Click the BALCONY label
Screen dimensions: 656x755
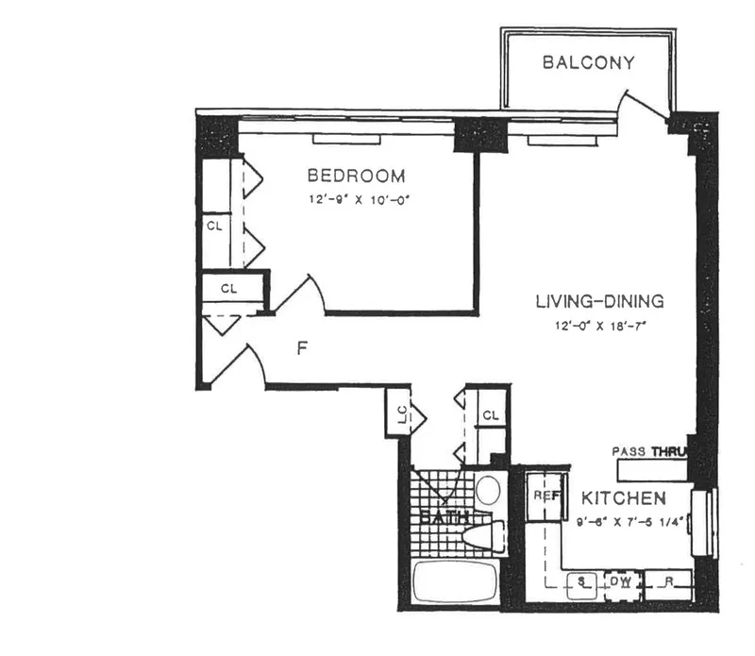[588, 63]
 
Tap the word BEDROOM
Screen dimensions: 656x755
[357, 177]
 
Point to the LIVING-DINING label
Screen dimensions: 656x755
[599, 302]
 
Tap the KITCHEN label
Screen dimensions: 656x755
[624, 497]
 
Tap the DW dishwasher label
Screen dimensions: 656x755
[620, 582]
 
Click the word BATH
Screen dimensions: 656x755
[442, 517]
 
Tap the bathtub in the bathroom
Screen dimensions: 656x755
[455, 582]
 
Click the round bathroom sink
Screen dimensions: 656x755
[488, 491]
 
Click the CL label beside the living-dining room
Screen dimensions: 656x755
[490, 415]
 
